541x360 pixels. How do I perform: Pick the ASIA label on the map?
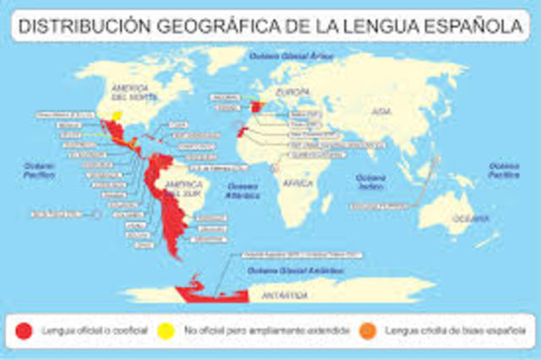[384, 111]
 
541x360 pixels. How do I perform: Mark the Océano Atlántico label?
[243, 188]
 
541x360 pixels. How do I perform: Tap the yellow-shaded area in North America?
[117, 114]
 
